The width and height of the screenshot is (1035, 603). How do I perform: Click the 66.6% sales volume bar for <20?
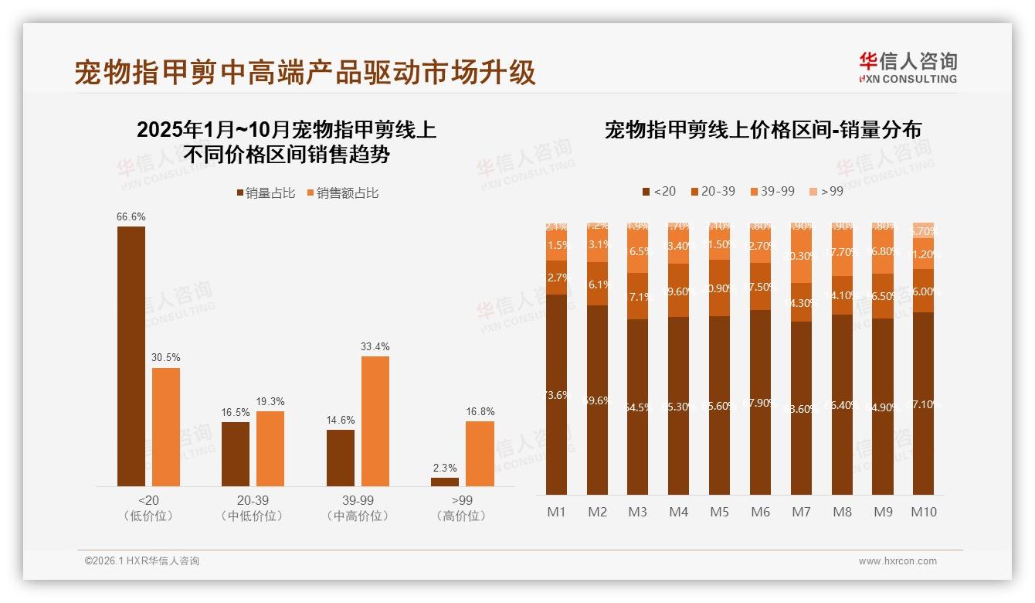(x=131, y=356)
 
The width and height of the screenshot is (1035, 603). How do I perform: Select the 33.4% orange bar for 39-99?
(x=375, y=421)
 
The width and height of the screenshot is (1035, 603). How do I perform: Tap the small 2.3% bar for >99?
(x=445, y=482)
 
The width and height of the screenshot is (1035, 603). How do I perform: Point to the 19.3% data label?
(x=270, y=401)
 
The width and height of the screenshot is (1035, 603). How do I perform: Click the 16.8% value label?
(x=480, y=411)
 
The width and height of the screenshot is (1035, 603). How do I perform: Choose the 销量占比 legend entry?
(x=266, y=193)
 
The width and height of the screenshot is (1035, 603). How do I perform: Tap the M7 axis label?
(x=801, y=512)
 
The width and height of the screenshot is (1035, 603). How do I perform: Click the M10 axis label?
(x=923, y=512)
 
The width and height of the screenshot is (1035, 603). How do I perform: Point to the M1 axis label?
(x=556, y=512)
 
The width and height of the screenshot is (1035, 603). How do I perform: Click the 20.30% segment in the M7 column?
(x=801, y=257)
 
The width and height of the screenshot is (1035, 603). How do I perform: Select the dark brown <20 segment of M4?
(x=679, y=406)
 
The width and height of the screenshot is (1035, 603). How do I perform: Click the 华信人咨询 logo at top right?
(x=908, y=67)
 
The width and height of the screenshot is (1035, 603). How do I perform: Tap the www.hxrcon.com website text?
(x=898, y=561)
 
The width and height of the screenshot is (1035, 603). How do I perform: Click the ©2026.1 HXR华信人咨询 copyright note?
(x=142, y=561)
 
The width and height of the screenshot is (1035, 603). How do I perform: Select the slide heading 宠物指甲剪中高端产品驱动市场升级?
(x=305, y=73)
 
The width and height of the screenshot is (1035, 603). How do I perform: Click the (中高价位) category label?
(x=358, y=516)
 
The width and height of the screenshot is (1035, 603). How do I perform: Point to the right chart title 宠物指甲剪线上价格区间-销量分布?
(x=762, y=130)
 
